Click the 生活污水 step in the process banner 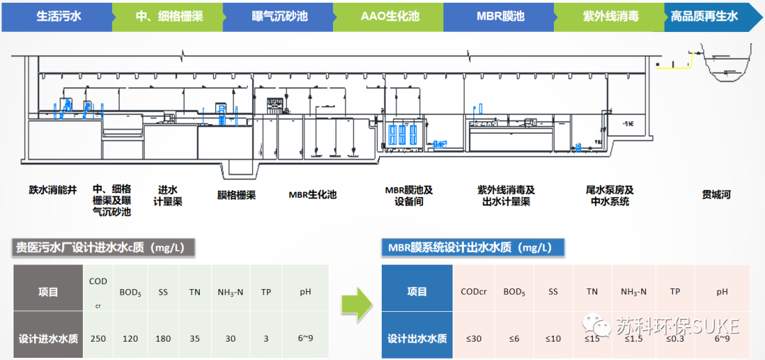pos(58,16)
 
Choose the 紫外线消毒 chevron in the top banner pos(610,16)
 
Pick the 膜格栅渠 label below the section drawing pos(236,195)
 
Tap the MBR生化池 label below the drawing pos(312,194)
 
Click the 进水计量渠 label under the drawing pos(168,195)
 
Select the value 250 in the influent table pos(98,338)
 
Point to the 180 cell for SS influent pos(163,338)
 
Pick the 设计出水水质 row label pos(417,338)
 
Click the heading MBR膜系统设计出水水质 pos(474,247)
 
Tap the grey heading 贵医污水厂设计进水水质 pos(105,247)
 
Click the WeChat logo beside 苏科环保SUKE pos(596,326)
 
